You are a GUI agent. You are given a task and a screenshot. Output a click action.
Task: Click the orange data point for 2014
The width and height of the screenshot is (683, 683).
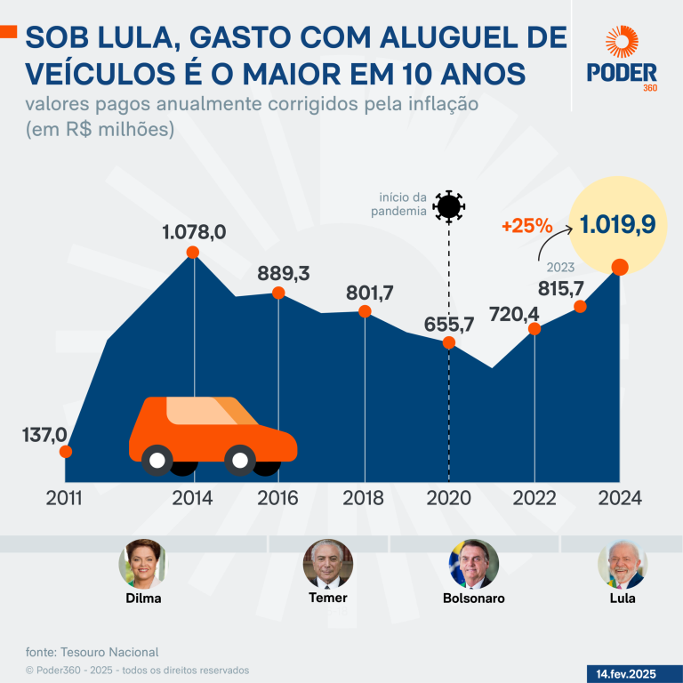pos(192,253)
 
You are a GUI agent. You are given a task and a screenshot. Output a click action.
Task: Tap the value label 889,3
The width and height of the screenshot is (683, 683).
pos(283,273)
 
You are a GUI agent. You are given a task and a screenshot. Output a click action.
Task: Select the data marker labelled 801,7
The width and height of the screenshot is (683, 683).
pos(365,311)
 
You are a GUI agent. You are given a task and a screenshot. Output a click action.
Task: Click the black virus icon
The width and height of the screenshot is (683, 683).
pos(448,206)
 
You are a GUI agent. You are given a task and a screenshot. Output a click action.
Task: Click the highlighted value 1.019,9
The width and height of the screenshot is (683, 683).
pos(618,223)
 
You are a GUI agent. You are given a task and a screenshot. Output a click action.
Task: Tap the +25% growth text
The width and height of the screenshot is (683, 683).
pos(526,226)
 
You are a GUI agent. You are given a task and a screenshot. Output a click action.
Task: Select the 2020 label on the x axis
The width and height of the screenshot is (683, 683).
pos(448,498)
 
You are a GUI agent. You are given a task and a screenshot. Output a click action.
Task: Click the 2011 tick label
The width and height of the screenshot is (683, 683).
pos(63,498)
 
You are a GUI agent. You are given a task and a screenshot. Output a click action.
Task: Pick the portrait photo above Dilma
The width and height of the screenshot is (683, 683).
pos(143,563)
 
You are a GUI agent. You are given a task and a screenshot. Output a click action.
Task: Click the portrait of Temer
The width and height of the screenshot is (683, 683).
pos(328,563)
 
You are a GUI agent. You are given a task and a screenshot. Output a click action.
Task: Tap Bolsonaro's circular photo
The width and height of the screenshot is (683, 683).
pos(473,563)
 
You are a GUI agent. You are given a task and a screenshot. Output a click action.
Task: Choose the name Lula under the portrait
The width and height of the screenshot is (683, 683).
pos(622,599)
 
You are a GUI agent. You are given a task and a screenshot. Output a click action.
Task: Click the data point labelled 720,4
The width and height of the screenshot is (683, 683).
pos(534,329)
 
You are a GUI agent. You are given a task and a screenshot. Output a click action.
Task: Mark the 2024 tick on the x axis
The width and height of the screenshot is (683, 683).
pos(619,498)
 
